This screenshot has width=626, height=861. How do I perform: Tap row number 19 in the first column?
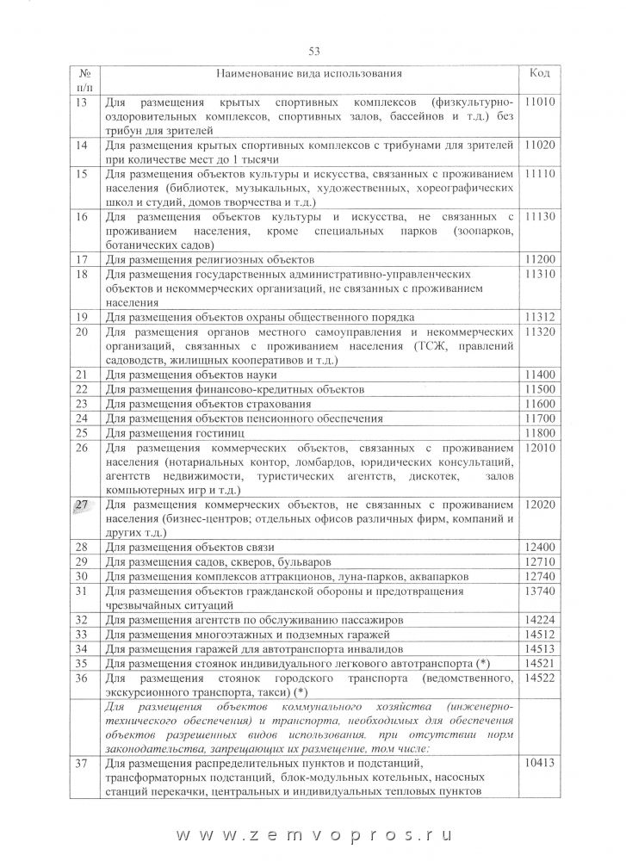pos(83,317)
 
